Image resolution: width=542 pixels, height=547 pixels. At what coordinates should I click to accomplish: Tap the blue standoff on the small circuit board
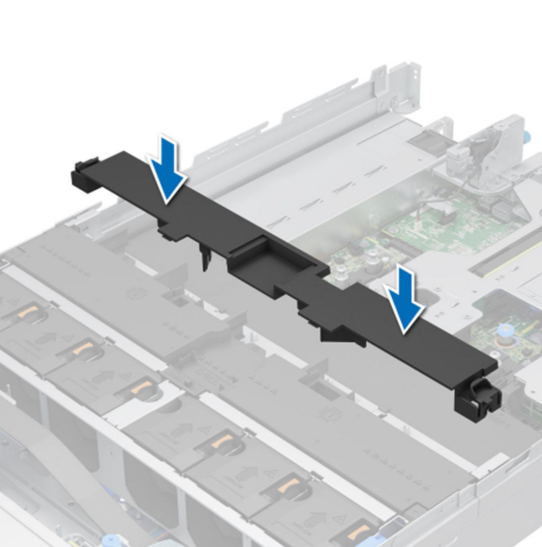tap(502, 333)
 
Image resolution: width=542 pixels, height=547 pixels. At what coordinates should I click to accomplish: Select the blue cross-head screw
tap(109, 540)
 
